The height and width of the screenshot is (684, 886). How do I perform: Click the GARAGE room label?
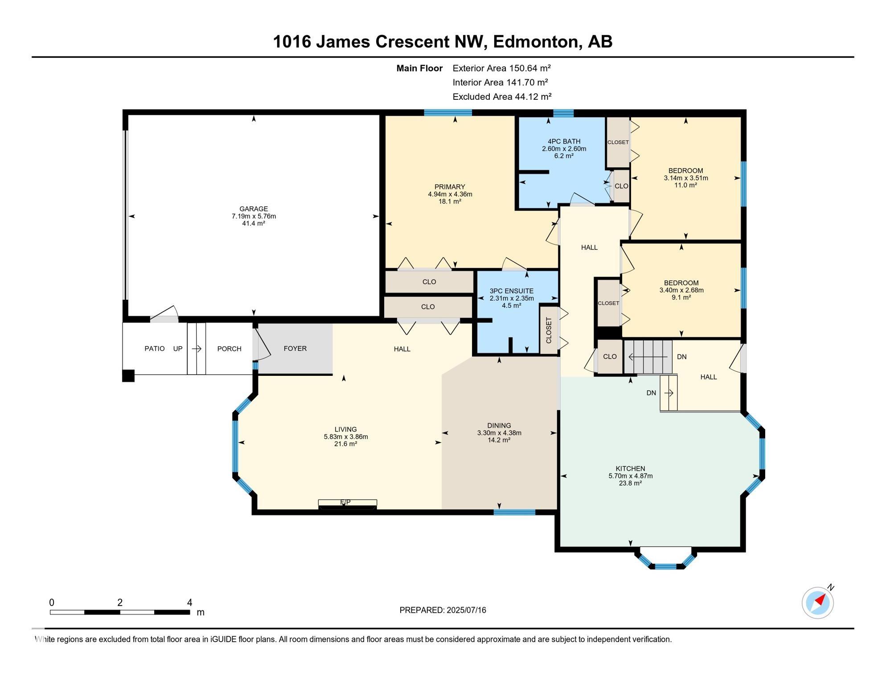point(254,209)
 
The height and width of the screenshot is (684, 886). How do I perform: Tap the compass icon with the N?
point(818,603)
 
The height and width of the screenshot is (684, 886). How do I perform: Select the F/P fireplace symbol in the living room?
point(347,504)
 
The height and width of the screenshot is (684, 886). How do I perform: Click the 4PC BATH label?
point(564,142)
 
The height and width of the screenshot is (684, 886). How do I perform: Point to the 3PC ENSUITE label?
point(511,291)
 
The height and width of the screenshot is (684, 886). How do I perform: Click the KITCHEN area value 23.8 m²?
point(630,483)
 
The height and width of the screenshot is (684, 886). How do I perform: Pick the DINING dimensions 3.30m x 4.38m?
point(499,433)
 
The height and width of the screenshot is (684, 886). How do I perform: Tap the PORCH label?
point(229,349)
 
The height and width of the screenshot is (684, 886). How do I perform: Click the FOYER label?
point(295,349)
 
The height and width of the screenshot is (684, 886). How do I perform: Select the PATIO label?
point(155,349)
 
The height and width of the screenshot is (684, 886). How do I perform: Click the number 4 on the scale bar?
point(190,603)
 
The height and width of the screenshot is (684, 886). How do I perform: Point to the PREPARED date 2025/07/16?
point(465,610)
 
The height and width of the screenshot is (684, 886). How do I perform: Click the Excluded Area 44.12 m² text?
point(502,97)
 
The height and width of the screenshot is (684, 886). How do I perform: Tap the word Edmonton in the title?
point(536,42)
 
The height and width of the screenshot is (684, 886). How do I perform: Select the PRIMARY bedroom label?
point(450,187)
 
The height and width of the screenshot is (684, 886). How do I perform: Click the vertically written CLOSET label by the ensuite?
point(549,330)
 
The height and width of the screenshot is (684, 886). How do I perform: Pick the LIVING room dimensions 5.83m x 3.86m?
point(346,437)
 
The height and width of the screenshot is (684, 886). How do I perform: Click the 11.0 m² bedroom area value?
point(685,185)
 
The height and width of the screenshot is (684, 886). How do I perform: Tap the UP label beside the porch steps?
point(178,349)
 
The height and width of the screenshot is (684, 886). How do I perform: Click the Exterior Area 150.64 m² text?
point(501,68)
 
